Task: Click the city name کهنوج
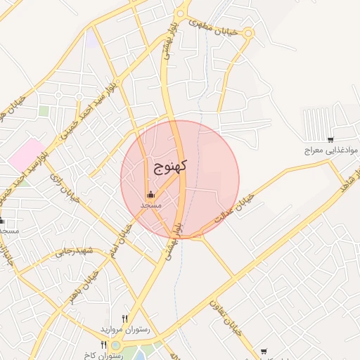click(x=169, y=167)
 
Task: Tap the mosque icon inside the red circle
click(x=150, y=195)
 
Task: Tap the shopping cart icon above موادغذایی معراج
click(x=330, y=139)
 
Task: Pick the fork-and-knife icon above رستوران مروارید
click(x=125, y=319)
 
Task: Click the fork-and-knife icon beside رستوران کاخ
click(x=104, y=345)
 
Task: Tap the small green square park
click(x=44, y=111)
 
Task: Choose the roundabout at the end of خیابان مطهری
click(x=248, y=33)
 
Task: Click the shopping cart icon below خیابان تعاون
click(x=263, y=351)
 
